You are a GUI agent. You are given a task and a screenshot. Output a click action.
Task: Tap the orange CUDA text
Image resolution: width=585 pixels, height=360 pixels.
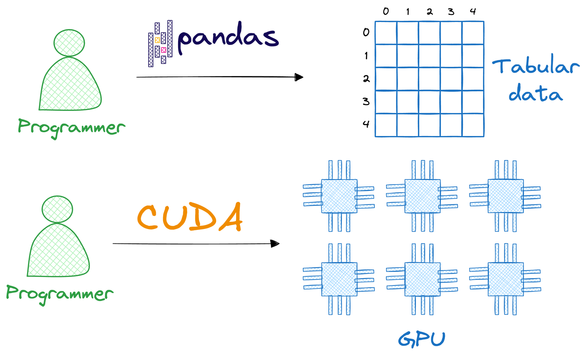[190, 217]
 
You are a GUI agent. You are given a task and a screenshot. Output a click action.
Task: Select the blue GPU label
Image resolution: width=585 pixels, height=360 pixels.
[422, 339]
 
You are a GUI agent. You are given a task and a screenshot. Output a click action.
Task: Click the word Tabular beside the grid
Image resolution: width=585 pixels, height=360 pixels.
[536, 66]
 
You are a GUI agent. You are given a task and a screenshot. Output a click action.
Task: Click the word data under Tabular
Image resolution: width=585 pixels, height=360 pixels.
[535, 94]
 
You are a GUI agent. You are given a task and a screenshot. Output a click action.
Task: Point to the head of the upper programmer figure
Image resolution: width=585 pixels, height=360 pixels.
[69, 43]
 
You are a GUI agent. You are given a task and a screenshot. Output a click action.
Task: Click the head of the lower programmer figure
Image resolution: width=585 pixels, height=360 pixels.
[57, 209]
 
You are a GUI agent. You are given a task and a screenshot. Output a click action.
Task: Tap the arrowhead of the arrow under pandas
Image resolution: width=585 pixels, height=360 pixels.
[299, 77]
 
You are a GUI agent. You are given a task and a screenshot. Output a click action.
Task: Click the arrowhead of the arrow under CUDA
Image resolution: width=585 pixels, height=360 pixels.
[275, 243]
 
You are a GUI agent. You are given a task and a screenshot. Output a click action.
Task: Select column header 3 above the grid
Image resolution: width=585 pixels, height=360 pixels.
[451, 12]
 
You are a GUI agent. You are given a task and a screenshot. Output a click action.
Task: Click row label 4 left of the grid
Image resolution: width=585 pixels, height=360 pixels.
[366, 124]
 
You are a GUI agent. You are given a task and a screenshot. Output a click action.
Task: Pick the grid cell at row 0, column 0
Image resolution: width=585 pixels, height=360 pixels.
[386, 33]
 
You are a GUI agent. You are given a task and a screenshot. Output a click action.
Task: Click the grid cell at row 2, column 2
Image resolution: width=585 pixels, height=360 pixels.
[429, 79]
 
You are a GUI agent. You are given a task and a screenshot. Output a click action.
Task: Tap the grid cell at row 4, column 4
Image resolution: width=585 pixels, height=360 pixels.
[473, 125]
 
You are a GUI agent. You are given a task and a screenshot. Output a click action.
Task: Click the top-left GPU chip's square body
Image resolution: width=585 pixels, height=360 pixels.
[339, 196]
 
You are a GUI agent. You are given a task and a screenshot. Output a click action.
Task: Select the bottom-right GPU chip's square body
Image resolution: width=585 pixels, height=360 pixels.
[506, 279]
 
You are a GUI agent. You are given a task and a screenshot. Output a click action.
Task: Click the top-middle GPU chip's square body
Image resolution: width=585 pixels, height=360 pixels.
[422, 196]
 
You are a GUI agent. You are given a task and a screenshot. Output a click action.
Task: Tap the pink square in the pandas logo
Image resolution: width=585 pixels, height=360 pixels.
[163, 50]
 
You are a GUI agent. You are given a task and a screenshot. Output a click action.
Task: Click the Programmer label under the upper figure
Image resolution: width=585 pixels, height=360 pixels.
[71, 127]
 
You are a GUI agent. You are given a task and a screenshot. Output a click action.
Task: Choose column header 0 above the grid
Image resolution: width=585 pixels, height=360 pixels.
[386, 12]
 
